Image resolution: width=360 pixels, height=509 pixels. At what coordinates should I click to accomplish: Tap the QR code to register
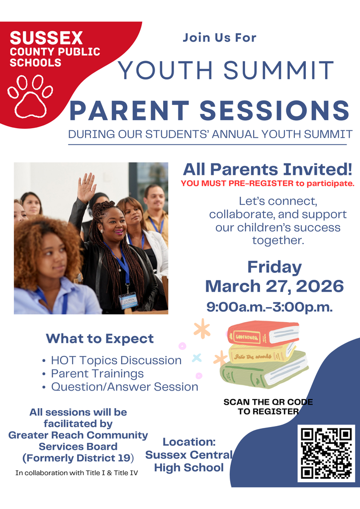[x=326, y=453]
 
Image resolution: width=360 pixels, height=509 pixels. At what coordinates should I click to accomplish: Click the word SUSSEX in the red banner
[x=46, y=38]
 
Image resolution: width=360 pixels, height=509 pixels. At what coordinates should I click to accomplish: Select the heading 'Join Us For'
[x=219, y=37]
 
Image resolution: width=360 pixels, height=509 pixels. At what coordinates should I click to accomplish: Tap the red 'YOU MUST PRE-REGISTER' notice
[x=268, y=183]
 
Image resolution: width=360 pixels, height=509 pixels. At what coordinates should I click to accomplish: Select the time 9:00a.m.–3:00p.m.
[x=269, y=307]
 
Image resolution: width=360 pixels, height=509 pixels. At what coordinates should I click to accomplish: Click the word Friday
[x=274, y=267]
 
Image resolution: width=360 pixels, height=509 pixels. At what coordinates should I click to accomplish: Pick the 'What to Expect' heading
[x=100, y=339]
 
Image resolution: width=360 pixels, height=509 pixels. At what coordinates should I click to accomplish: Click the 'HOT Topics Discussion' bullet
[x=116, y=360]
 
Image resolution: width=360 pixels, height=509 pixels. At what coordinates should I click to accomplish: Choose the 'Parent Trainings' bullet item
[x=97, y=373]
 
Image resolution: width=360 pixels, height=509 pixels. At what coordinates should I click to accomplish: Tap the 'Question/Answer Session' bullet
[x=125, y=387]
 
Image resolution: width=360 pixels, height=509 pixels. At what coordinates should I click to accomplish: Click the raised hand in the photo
[x=87, y=187]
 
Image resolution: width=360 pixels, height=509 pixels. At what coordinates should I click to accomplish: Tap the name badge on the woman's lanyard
[x=128, y=300]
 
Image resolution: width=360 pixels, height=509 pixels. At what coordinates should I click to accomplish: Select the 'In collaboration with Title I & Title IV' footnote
[x=77, y=472]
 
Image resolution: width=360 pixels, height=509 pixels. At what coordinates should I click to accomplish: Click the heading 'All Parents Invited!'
[x=268, y=169]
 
